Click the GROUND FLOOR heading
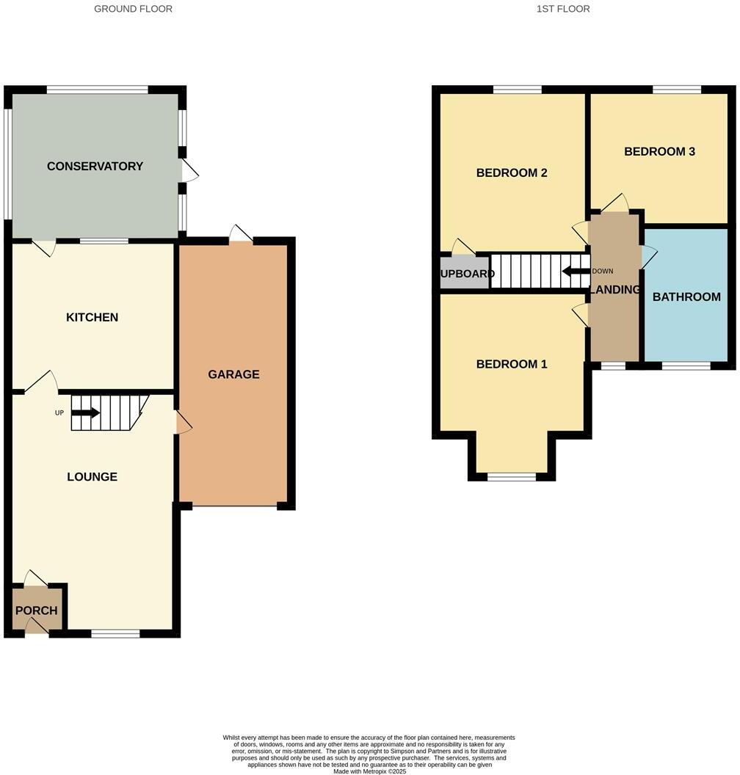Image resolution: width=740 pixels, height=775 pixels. coord(133,9)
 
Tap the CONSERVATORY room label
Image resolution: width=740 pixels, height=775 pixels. coord(95,166)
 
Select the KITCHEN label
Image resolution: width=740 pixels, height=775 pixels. coord(92,317)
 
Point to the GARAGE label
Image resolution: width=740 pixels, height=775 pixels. coord(233,374)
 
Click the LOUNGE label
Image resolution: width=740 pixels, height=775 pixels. coord(92,477)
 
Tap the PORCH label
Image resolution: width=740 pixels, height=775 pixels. coord(36,611)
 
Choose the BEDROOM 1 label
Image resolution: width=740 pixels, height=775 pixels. coord(512,364)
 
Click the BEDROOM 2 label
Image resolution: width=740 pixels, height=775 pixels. coord(512,173)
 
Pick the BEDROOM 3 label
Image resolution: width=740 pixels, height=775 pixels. coord(659,152)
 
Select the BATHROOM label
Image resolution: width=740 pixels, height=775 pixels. coord(686,297)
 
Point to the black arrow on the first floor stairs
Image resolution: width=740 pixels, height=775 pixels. coord(576,271)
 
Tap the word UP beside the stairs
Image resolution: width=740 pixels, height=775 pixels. coord(59,412)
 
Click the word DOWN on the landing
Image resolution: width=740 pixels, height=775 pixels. coord(602,271)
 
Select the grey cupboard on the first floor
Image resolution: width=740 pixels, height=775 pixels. coord(464,272)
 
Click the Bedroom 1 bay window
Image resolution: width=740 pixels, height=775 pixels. coord(512,476)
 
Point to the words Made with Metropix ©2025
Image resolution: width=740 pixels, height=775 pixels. coord(369,771)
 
